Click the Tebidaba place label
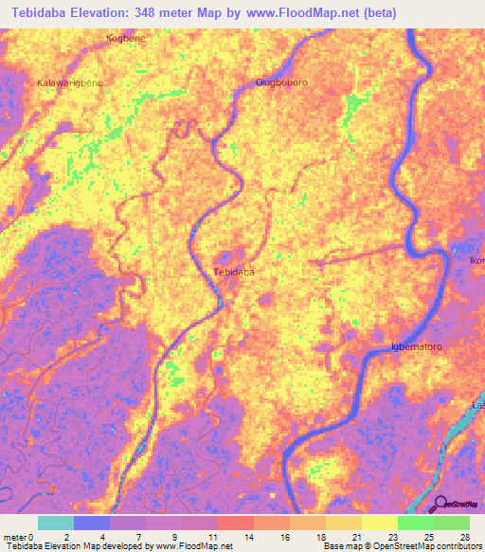233,272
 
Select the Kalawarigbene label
69,83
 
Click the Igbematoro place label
417,347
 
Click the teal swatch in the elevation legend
56,523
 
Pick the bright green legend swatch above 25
416,523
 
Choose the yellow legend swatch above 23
380,523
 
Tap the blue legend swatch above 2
92,523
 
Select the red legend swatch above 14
236,523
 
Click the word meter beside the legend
14,537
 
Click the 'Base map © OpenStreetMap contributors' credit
402,546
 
